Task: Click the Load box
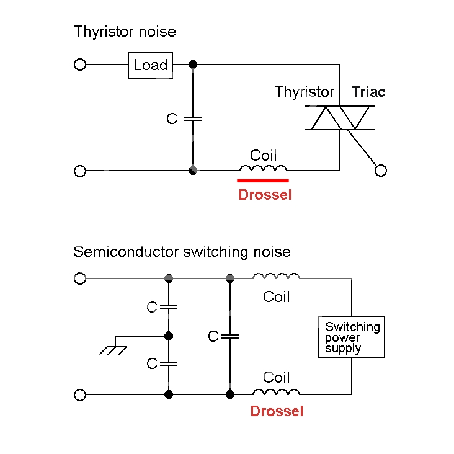[150, 65]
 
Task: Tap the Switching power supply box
[352, 337]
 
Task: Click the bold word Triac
[368, 92]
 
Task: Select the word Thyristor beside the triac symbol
[305, 92]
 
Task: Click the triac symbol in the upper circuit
[340, 118]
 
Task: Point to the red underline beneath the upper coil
[262, 180]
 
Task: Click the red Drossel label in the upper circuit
[265, 195]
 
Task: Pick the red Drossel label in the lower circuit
[277, 411]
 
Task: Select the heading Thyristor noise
[125, 32]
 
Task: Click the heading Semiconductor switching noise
[182, 252]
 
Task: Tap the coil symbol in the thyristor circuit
[263, 168]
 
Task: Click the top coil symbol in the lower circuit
[276, 277]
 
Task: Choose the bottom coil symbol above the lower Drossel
[276, 391]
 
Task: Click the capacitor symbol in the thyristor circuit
[193, 117]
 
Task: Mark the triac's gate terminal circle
[381, 171]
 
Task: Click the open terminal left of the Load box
[80, 65]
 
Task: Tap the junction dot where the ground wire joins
[168, 336]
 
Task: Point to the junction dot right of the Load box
[193, 65]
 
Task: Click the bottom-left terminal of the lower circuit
[80, 394]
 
